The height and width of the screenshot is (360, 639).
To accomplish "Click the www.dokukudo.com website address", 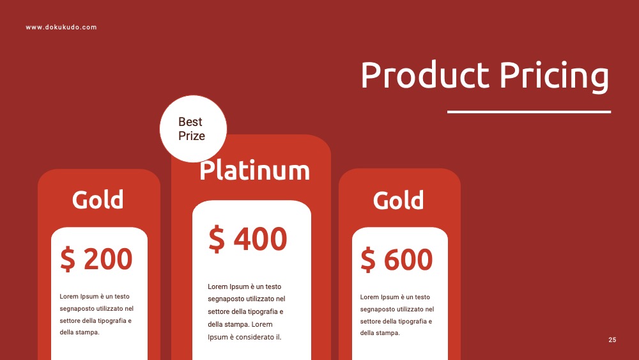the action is [x=61, y=27].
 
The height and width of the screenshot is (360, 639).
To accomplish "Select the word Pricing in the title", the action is [x=555, y=77].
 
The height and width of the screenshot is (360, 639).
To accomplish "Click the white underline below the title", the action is [x=529, y=112].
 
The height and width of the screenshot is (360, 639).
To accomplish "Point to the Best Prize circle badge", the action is [x=193, y=129].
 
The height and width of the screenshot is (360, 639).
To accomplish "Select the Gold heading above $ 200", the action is [x=98, y=200].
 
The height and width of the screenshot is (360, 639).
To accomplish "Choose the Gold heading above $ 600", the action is [x=398, y=200].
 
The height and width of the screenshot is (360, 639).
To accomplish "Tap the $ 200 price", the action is [x=96, y=258].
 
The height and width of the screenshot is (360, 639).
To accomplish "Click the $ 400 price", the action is [x=248, y=239].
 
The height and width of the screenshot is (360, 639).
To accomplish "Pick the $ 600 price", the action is [x=397, y=259].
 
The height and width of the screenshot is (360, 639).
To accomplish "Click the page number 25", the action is [x=612, y=340].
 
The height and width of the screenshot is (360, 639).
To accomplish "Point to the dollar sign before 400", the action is [x=217, y=239].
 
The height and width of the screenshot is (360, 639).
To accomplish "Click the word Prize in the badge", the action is [x=192, y=136].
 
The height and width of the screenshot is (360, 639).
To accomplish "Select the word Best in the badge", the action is [x=190, y=121].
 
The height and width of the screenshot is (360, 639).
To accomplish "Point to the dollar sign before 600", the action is [x=368, y=260].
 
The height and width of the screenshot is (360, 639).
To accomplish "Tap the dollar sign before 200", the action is [x=68, y=259].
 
